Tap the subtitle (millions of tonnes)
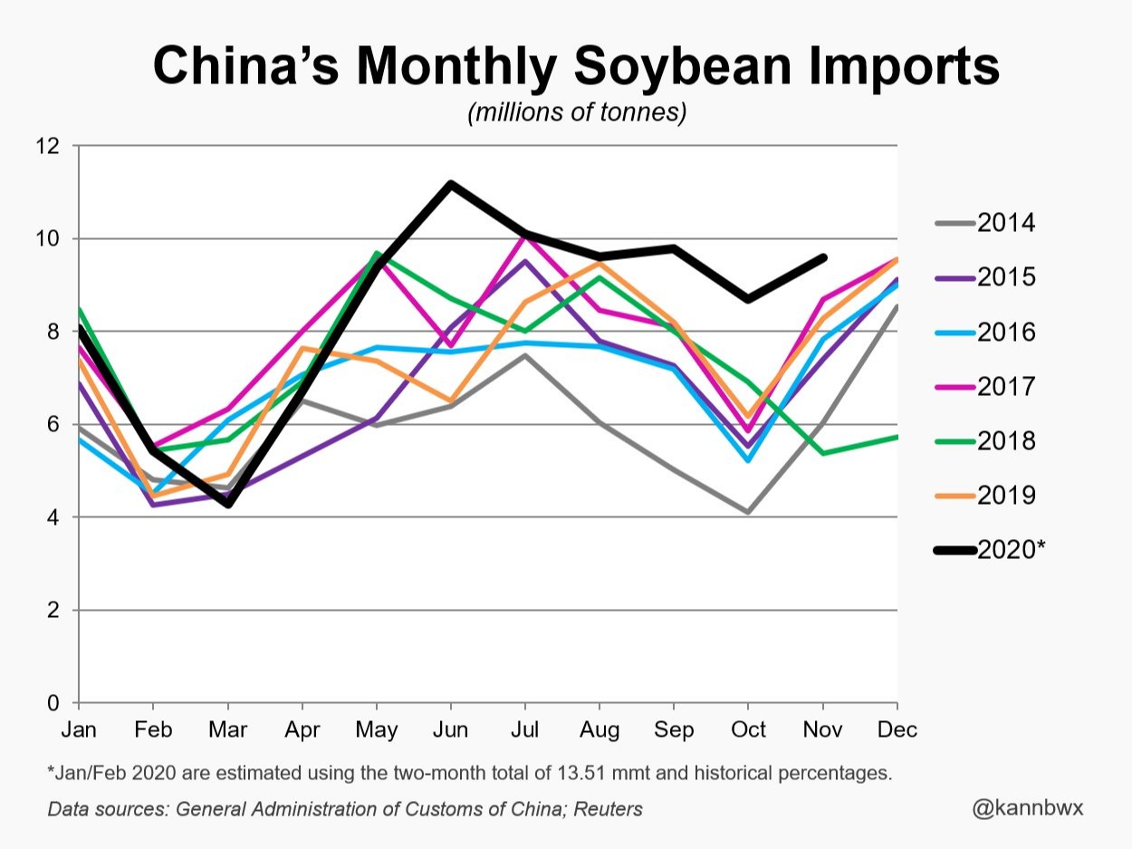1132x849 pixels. point(577,114)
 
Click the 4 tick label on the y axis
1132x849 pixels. point(53,517)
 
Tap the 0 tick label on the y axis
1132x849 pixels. point(53,703)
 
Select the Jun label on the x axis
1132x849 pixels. point(450,730)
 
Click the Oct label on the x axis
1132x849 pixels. point(748,730)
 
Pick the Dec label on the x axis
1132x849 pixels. point(897,730)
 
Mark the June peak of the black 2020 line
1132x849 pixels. point(450,184)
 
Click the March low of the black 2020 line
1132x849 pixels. point(228,504)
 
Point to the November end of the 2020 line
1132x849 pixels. point(823,257)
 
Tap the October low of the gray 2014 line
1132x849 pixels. point(748,512)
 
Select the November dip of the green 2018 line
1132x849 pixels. point(823,453)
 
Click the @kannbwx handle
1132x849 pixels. point(1027,807)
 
